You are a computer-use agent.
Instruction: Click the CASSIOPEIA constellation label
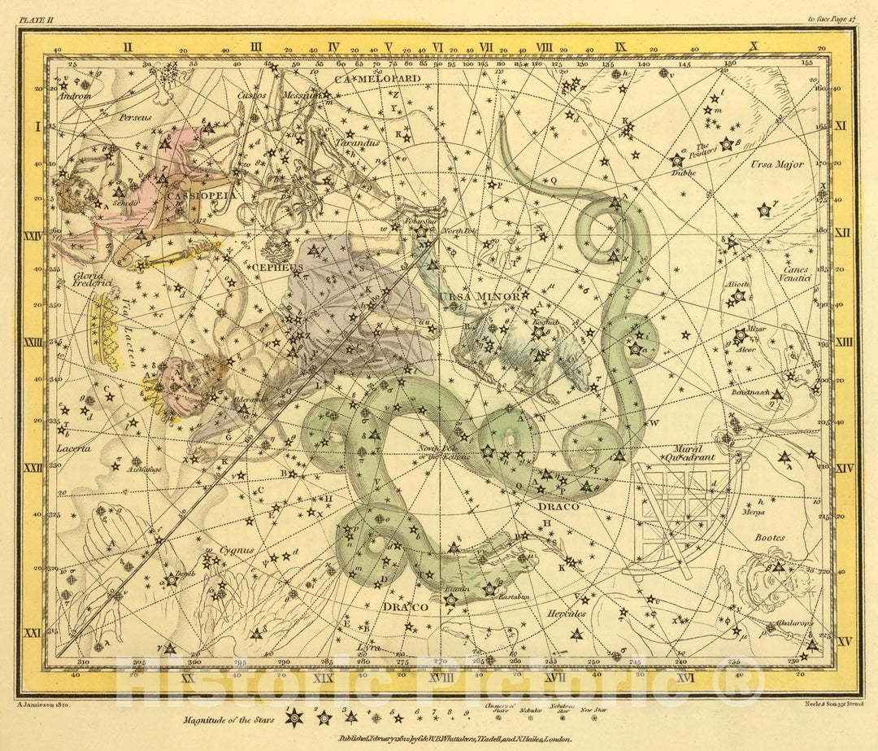(x=189, y=196)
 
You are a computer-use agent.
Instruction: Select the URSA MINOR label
(x=479, y=296)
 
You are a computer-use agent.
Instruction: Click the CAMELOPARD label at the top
(x=376, y=79)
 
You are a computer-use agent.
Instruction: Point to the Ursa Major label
(x=776, y=165)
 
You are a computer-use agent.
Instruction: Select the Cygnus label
(x=237, y=551)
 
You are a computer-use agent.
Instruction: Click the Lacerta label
(x=72, y=448)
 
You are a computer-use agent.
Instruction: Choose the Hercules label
(x=567, y=613)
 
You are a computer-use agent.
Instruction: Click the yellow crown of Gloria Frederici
(x=106, y=328)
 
